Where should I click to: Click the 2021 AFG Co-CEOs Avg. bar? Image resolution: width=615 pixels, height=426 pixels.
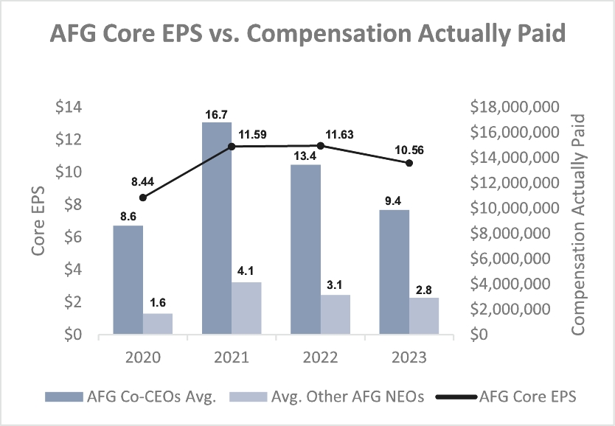(217, 228)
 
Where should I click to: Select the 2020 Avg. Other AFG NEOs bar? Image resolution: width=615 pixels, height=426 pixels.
(158, 324)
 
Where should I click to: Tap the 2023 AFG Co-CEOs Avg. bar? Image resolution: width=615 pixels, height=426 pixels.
(395, 272)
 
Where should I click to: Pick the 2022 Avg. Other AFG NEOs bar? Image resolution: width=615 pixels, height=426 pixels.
(336, 315)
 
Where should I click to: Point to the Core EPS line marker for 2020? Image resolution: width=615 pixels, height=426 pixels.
(143, 198)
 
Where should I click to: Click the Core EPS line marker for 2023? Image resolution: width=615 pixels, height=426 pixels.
(409, 163)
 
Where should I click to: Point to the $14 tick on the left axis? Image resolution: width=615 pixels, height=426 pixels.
(69, 108)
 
